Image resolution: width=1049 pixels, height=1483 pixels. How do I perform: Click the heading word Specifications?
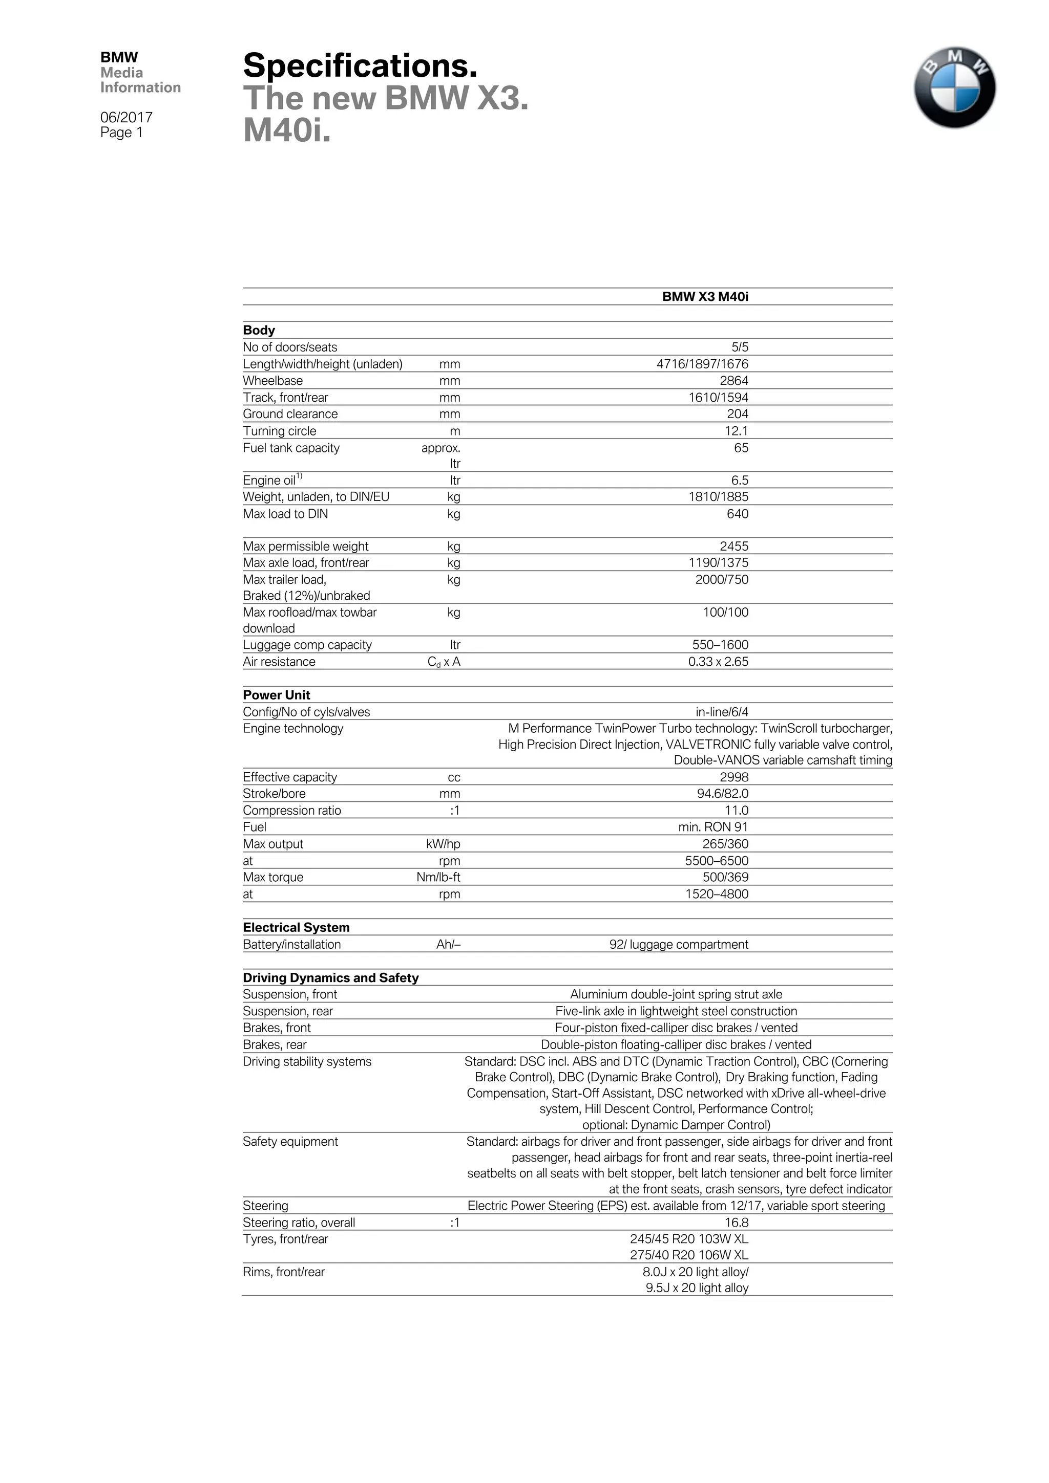[x=360, y=66]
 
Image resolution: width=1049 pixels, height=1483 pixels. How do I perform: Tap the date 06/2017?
[x=126, y=118]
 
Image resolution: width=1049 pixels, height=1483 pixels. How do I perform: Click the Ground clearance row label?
[x=290, y=414]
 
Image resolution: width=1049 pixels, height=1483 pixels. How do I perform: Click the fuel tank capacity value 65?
[x=741, y=448]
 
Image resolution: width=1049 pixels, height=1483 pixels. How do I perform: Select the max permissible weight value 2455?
[x=733, y=547]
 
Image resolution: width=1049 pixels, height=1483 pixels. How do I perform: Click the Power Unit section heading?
[x=277, y=695]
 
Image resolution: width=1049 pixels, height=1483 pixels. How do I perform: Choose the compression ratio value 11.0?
[x=736, y=811]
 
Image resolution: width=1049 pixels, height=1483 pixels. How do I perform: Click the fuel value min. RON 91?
[x=713, y=827]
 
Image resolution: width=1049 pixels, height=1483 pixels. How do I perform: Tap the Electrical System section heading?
[x=296, y=928]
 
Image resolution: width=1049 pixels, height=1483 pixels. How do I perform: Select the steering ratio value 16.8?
[x=736, y=1222]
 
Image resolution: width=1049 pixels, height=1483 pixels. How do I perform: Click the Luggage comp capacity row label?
[x=307, y=645]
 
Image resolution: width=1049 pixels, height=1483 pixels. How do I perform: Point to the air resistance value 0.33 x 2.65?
[x=718, y=661]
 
